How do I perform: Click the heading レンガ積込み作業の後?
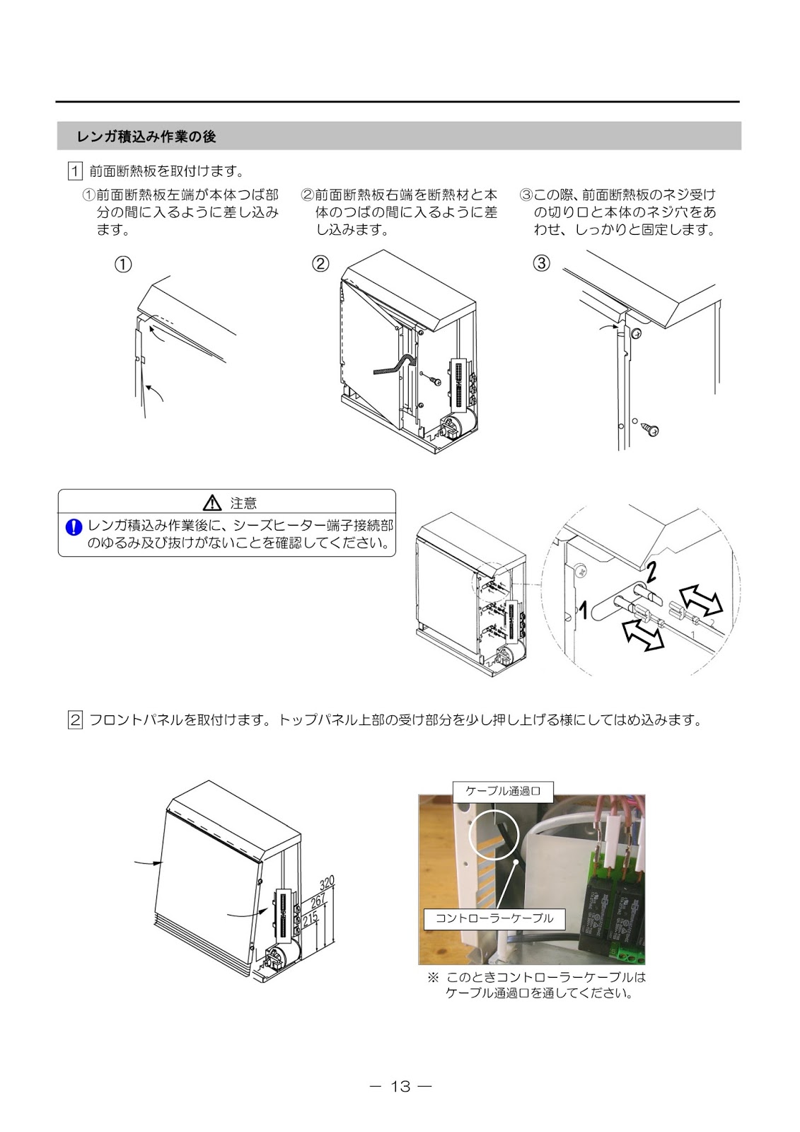(x=146, y=137)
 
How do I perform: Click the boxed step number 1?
(x=75, y=171)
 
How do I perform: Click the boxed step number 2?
(x=75, y=721)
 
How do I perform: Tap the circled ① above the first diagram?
(x=123, y=264)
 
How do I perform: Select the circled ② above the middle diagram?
(x=320, y=264)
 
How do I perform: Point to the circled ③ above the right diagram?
(x=540, y=264)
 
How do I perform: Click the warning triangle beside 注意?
(x=212, y=503)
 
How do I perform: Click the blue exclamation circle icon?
(x=74, y=527)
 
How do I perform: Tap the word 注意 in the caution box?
(x=243, y=504)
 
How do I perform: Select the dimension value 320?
(x=327, y=884)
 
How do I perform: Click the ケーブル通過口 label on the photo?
(x=502, y=791)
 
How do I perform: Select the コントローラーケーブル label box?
(x=494, y=918)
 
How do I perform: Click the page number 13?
(x=400, y=1086)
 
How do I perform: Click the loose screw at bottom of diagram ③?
(x=649, y=428)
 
